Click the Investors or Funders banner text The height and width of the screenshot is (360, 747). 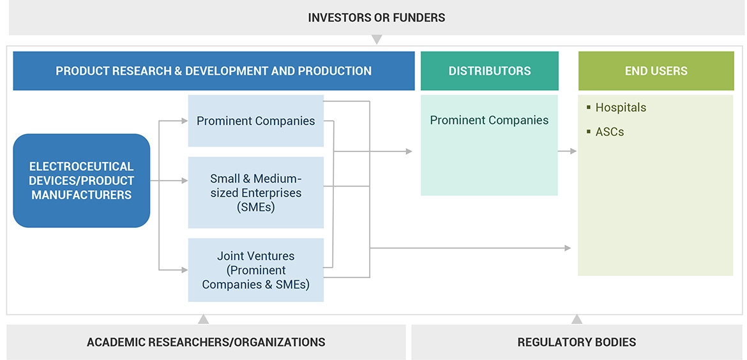376,17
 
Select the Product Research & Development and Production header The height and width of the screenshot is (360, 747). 213,71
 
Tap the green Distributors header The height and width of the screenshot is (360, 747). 489,71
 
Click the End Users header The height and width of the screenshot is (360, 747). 656,71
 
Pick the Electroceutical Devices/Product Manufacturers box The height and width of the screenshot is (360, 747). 82,181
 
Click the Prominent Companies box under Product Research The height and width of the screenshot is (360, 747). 255,121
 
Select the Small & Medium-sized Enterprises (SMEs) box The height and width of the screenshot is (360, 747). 255,193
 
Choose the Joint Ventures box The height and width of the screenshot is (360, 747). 255,270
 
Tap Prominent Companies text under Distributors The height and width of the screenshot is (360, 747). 489,120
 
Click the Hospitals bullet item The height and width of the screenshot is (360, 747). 620,107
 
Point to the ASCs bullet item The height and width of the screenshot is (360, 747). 609,131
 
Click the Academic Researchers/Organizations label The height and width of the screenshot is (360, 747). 206,342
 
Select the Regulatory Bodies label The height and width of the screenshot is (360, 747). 577,342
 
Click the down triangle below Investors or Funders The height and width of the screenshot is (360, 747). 377,40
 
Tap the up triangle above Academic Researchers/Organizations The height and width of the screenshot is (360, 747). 203,319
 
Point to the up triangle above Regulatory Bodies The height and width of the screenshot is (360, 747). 577,319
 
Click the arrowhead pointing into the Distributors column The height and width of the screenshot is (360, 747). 409,151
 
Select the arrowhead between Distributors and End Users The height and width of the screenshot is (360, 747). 573,151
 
